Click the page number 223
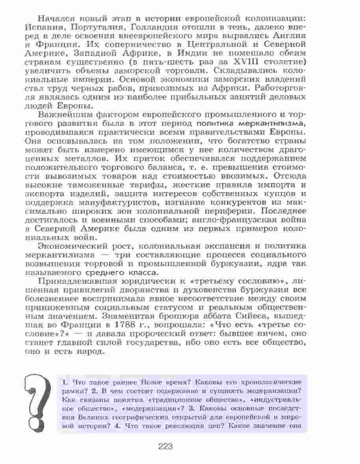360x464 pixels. [x=166, y=447]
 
